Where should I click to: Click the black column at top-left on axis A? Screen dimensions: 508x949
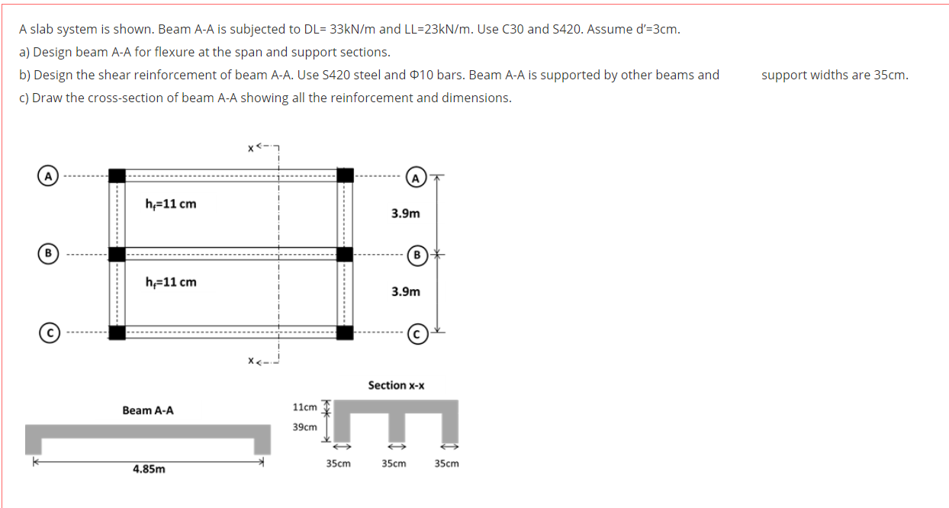click(x=117, y=175)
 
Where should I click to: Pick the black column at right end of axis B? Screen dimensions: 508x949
click(x=345, y=253)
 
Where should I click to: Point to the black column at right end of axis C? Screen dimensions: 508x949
click(x=345, y=332)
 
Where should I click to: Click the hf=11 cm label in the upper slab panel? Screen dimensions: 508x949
click(x=171, y=204)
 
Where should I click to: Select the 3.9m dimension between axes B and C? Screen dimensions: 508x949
click(x=405, y=291)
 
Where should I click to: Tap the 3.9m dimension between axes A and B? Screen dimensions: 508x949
click(x=405, y=214)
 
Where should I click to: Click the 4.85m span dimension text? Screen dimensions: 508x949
click(x=149, y=469)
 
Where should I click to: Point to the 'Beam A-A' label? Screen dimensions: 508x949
click(x=148, y=410)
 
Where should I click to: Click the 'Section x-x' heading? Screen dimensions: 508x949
click(x=396, y=385)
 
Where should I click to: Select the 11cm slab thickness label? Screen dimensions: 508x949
click(x=304, y=407)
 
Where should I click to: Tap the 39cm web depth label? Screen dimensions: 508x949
click(x=304, y=426)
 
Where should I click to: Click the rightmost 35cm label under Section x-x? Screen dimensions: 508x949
click(x=447, y=463)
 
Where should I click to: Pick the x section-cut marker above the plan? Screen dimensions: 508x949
click(x=250, y=146)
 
